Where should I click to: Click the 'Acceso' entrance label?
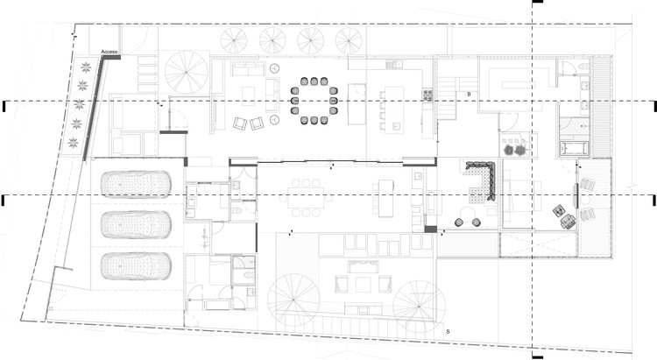(x=109, y=53)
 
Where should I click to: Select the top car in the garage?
(x=135, y=185)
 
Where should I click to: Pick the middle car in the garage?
(x=135, y=224)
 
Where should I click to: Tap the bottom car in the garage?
(x=135, y=265)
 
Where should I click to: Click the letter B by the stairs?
(x=469, y=94)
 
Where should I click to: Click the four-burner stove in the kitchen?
(x=427, y=95)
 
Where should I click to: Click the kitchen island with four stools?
(x=391, y=110)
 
